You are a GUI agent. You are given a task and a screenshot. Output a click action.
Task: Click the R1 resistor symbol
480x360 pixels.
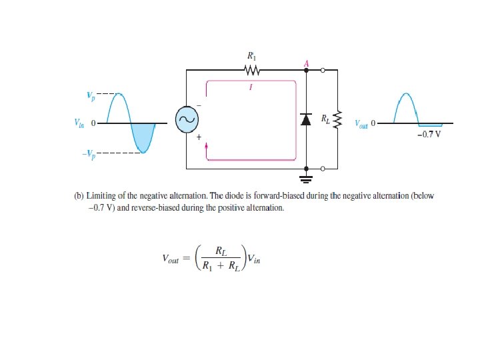pyautogui.click(x=251, y=70)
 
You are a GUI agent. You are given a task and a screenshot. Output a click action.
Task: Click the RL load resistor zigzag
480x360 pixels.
pyautogui.click(x=337, y=121)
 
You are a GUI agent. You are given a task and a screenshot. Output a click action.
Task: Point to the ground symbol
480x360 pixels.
pyautogui.click(x=306, y=177)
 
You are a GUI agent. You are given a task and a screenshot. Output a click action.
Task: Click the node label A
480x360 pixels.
pyautogui.click(x=306, y=63)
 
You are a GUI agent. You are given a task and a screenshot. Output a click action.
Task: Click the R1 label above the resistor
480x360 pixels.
pyautogui.click(x=251, y=57)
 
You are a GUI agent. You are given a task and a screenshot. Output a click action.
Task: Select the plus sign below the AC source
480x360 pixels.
pyautogui.click(x=198, y=137)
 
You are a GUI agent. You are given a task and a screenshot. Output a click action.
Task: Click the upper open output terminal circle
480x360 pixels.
pyautogui.click(x=323, y=70)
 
